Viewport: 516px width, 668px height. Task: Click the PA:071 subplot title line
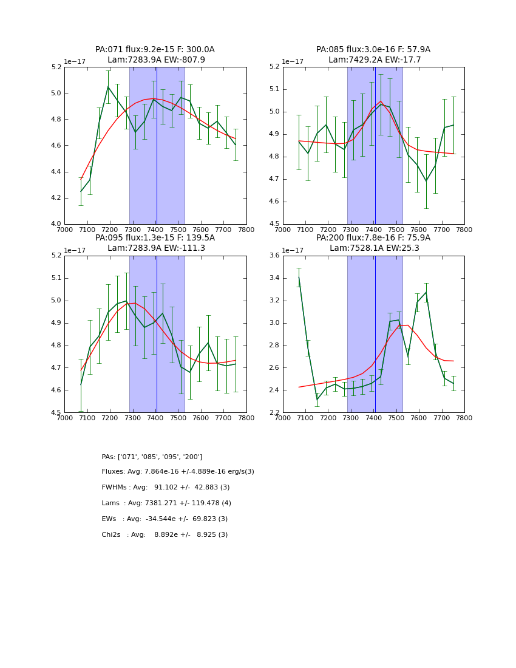pos(155,50)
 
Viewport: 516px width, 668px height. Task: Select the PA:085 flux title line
pos(373,50)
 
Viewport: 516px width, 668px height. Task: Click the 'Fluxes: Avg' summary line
pos(178,472)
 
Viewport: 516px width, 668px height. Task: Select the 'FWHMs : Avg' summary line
pos(166,488)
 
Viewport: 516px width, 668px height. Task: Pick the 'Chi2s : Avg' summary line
pos(165,535)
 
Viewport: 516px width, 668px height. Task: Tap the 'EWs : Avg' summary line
pos(165,519)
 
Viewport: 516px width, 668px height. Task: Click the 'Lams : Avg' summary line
pos(166,503)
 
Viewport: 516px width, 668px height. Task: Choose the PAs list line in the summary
pos(152,457)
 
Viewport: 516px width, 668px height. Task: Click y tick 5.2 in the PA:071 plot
pos(55,67)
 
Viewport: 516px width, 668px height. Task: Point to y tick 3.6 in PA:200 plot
pos(273,256)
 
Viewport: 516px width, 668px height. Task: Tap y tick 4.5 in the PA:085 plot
pos(273,224)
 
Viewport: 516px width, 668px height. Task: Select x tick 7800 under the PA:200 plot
pos(464,418)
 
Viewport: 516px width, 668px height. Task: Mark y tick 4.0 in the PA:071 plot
pos(55,224)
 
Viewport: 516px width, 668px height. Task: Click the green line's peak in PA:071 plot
pos(108,87)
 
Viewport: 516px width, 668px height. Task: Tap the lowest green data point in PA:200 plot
pos(317,399)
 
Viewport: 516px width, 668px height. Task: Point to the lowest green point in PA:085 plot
pos(426,181)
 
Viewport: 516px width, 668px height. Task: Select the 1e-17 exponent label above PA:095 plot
pos(75,250)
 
